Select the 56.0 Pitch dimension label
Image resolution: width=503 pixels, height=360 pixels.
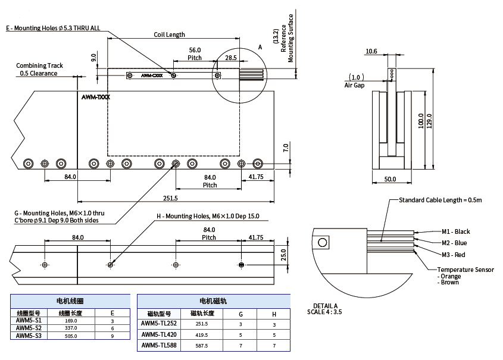pos(195,54)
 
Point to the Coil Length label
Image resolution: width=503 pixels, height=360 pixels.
pos(169,35)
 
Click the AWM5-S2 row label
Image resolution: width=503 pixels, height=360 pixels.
pos(29,328)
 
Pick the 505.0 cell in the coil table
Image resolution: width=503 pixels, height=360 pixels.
pos(71,336)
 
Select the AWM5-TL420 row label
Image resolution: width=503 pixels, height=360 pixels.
pos(159,334)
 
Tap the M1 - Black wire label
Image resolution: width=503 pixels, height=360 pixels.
pos(455,231)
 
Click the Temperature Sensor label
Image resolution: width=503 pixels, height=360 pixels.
pos(465,270)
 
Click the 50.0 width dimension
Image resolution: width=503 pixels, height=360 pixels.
pos(390,179)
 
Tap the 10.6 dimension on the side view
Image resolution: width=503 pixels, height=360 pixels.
pos(371,52)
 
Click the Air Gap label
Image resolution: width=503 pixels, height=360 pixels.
pos(354,85)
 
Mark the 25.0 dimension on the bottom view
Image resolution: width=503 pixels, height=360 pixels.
pos(284,255)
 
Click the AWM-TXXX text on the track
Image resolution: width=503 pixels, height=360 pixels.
pos(95,96)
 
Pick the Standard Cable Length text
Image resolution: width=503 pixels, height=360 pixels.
pos(440,200)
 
